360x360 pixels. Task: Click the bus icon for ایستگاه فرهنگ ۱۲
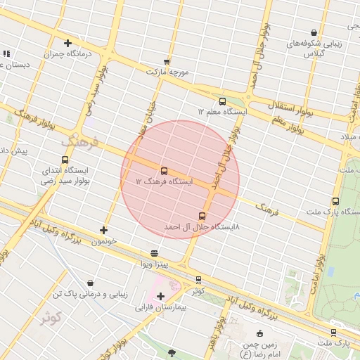[x=164, y=171]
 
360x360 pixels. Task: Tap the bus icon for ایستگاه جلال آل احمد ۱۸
[x=202, y=216]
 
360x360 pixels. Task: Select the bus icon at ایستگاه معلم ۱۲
[x=222, y=101]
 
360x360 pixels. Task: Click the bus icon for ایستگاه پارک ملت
[x=335, y=201]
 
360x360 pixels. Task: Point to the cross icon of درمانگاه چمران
[x=67, y=44]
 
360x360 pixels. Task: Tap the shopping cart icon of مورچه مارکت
[x=167, y=61]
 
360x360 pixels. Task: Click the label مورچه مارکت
[x=168, y=72]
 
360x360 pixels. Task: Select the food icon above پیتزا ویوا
[x=155, y=252]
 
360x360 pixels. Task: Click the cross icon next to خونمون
[x=104, y=230]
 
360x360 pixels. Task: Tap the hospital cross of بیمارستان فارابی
[x=161, y=296]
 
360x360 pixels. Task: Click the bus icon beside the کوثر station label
[x=198, y=280]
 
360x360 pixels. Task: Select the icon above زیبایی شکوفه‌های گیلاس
[x=313, y=32]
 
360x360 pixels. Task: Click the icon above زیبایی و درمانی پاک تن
[x=91, y=283]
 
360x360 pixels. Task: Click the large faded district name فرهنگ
[x=82, y=143]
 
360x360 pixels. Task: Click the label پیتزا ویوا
[x=153, y=264]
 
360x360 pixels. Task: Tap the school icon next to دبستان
[x=6, y=53]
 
